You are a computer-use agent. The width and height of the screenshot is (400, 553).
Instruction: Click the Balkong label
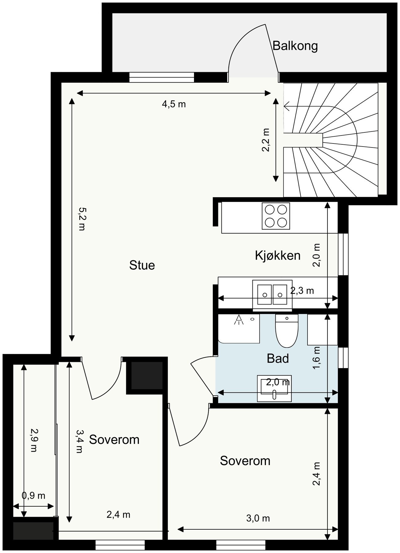pyautogui.click(x=295, y=46)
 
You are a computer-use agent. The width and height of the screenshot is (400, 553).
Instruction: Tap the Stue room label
pyautogui.click(x=142, y=265)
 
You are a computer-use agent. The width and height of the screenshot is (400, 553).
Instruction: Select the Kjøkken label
pyautogui.click(x=278, y=255)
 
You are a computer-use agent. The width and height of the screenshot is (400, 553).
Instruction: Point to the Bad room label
pyautogui.click(x=278, y=358)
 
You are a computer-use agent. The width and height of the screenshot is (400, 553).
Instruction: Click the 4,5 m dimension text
pyautogui.click(x=174, y=104)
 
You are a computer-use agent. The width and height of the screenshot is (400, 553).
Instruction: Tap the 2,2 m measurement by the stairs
pyautogui.click(x=265, y=140)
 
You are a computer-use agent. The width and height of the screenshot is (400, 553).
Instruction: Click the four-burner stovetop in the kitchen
pyautogui.click(x=276, y=216)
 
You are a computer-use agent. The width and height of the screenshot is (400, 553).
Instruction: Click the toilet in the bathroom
pyautogui.click(x=287, y=330)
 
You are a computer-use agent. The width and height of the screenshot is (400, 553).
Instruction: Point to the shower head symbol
pyautogui.click(x=239, y=320)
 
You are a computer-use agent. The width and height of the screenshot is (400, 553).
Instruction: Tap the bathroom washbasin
pyautogui.click(x=274, y=388)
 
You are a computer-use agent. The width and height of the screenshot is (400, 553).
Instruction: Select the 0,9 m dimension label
pyautogui.click(x=34, y=496)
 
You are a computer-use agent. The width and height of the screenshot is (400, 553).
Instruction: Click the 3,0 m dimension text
pyautogui.click(x=258, y=518)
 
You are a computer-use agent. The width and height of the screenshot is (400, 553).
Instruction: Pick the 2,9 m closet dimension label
pyautogui.click(x=34, y=440)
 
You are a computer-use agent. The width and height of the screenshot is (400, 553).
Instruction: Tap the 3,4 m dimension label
pyautogui.click(x=79, y=441)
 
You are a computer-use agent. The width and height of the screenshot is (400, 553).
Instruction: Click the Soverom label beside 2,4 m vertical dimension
pyautogui.click(x=245, y=461)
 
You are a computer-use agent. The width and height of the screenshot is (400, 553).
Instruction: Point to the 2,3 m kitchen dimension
pyautogui.click(x=302, y=290)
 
